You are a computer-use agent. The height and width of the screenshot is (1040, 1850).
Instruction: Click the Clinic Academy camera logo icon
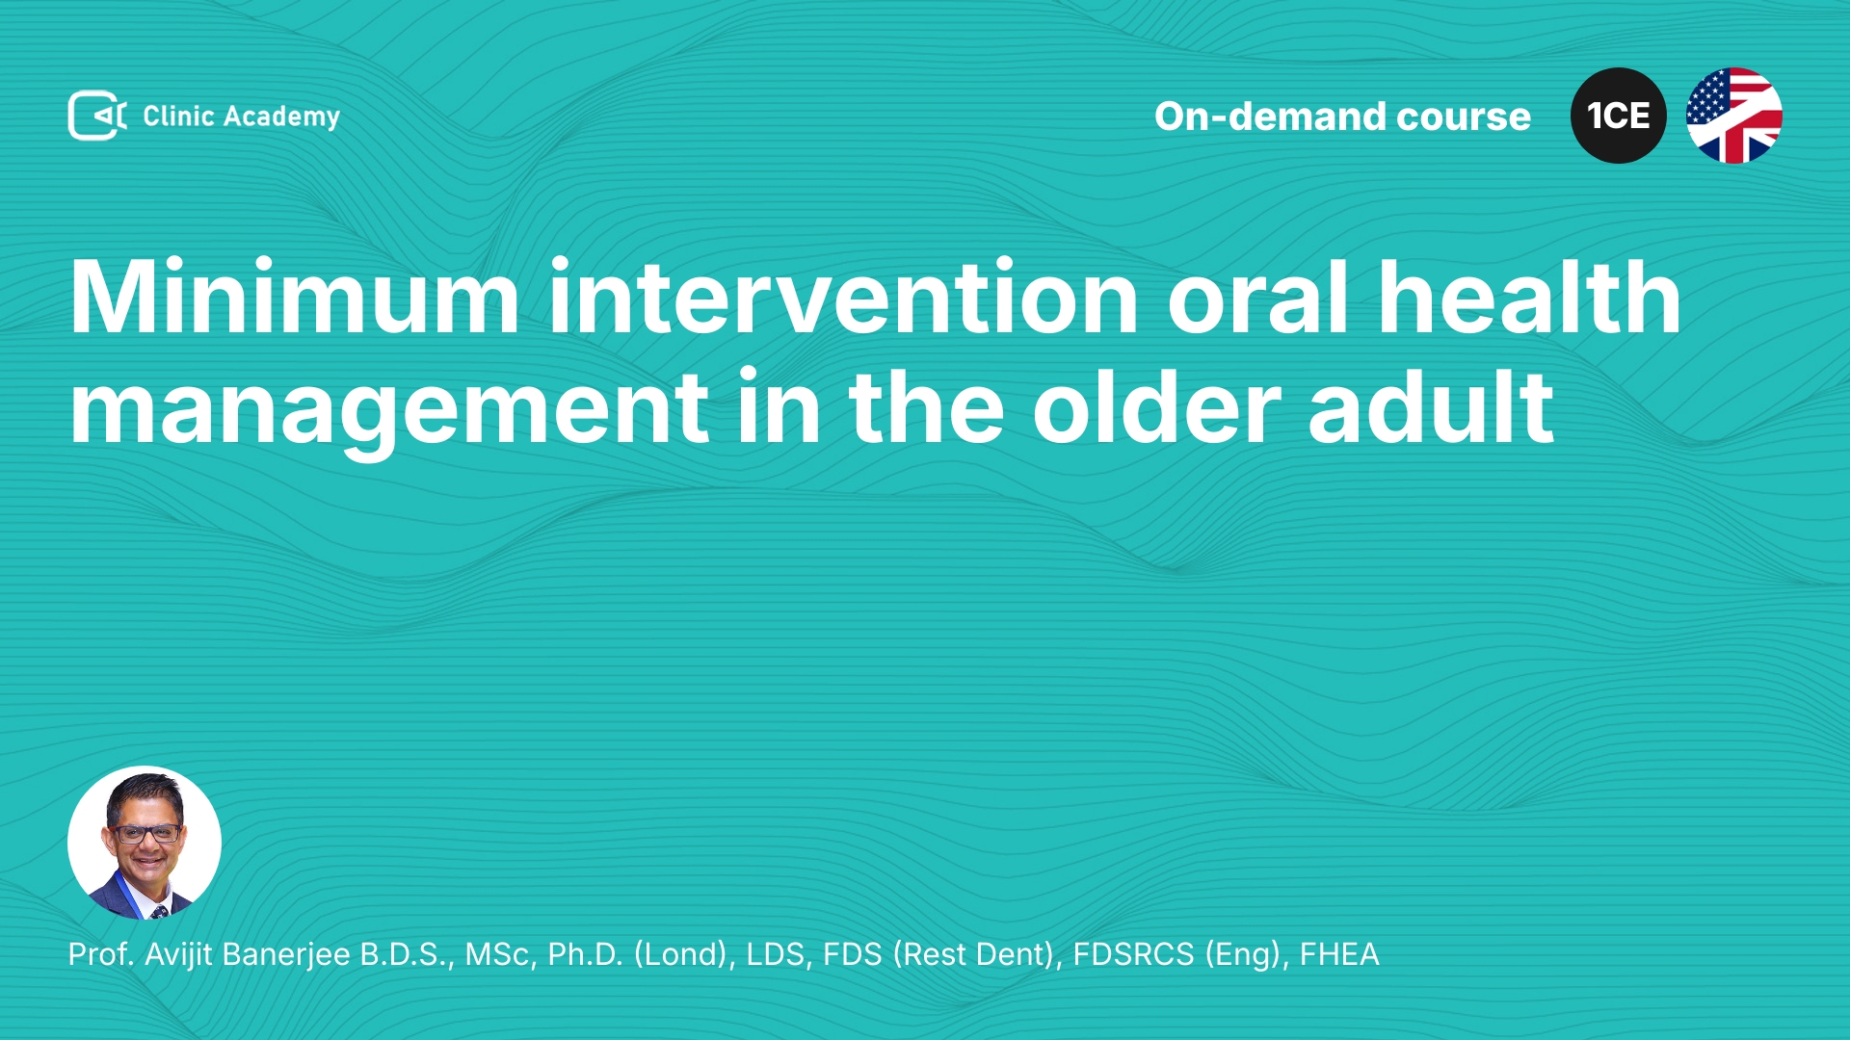97,116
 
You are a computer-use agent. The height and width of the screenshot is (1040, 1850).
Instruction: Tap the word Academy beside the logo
281,117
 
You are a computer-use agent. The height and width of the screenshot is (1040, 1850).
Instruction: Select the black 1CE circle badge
1619,116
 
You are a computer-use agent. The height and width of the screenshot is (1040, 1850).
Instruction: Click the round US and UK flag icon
1734,116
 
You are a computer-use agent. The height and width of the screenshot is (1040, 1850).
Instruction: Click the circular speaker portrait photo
145,843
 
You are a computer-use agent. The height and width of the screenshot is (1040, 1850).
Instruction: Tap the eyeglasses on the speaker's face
145,833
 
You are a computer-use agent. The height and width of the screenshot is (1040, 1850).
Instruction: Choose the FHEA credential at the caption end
1339,954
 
